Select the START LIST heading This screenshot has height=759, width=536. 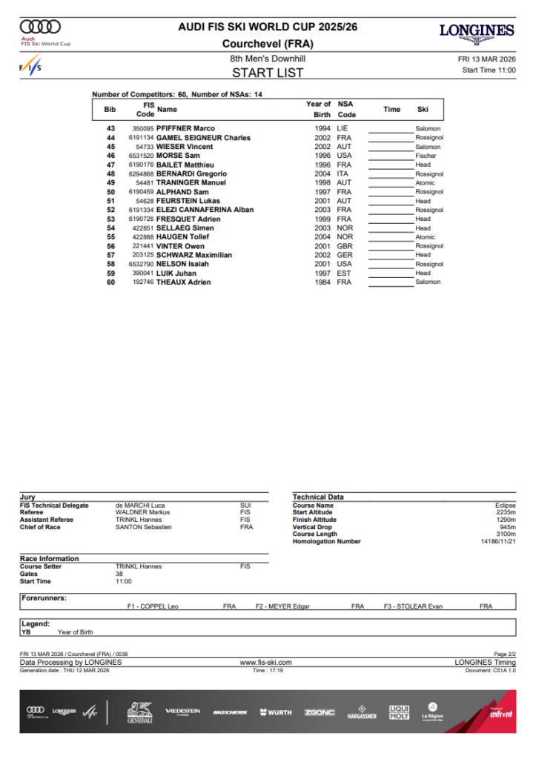268,73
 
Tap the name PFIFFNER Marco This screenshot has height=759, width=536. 185,129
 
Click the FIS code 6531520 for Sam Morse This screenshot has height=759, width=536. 141,156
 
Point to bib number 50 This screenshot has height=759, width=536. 110,192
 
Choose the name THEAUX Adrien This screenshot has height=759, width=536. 183,282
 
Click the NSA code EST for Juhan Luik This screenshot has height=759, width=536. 343,274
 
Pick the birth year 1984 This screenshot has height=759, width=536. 322,282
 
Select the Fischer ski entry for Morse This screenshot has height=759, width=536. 426,156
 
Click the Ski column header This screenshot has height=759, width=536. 423,110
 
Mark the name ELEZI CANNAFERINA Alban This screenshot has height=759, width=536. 205,210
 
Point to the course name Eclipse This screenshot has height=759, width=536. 505,506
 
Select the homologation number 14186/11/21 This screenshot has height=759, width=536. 497,542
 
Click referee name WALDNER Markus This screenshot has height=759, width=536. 142,512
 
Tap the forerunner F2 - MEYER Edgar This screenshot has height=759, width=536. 282,606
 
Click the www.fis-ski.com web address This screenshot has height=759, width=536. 266,663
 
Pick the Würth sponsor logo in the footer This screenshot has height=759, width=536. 276,712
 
